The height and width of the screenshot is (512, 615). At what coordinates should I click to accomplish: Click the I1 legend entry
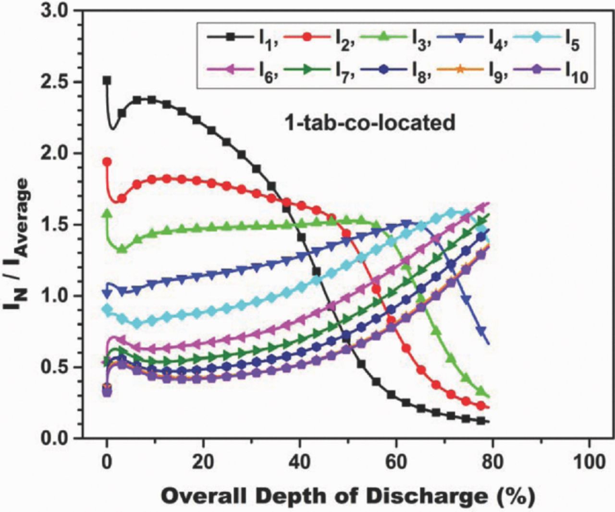(x=243, y=38)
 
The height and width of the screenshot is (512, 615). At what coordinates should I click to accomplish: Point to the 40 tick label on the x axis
(x=300, y=462)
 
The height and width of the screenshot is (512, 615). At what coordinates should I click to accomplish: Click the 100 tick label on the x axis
(x=590, y=462)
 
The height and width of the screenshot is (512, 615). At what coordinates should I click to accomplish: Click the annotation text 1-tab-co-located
(x=370, y=123)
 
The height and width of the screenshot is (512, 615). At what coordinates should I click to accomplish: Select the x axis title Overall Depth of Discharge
(x=347, y=496)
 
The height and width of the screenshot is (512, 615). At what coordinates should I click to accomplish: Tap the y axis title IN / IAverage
(x=18, y=245)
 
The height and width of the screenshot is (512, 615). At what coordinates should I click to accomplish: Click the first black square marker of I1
(x=107, y=81)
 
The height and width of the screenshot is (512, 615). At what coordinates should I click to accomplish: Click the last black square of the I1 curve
(x=481, y=421)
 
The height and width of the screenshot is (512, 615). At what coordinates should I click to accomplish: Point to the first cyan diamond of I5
(x=107, y=309)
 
